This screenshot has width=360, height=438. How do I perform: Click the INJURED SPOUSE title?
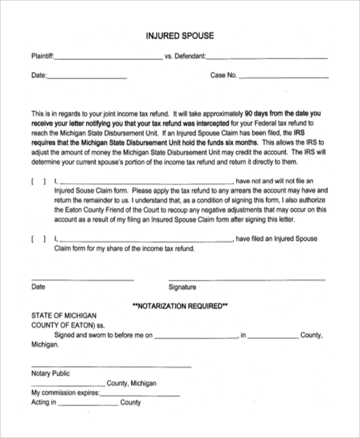click(x=180, y=36)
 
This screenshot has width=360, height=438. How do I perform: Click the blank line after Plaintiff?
click(x=108, y=58)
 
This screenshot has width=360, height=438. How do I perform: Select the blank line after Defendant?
click(x=268, y=58)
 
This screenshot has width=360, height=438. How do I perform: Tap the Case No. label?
click(x=224, y=76)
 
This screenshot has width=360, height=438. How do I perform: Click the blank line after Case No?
click(x=284, y=77)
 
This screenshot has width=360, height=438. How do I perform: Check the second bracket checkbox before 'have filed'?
click(x=37, y=239)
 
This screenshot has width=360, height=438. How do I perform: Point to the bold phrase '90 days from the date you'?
click(x=284, y=112)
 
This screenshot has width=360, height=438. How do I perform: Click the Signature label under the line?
click(x=182, y=287)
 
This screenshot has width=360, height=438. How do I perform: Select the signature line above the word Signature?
click(x=247, y=279)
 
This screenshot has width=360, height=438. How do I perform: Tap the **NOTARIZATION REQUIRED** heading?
click(x=179, y=305)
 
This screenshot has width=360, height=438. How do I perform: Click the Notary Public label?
click(x=50, y=373)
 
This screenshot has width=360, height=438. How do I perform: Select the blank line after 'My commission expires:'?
click(x=140, y=395)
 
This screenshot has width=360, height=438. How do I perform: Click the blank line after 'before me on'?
click(x=197, y=337)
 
